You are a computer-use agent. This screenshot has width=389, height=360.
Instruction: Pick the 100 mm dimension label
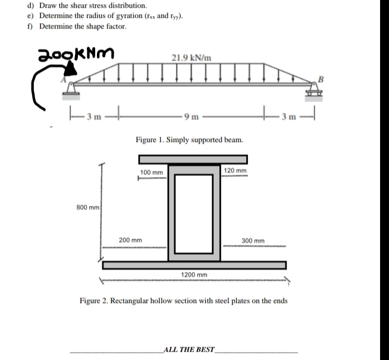tap(151, 172)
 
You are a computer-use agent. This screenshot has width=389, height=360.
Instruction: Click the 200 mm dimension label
tap(130, 240)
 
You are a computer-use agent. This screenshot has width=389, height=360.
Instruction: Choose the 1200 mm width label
tap(193, 275)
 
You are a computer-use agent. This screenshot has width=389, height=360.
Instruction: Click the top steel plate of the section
tap(193, 159)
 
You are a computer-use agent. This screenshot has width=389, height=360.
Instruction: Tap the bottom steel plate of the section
tap(194, 265)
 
